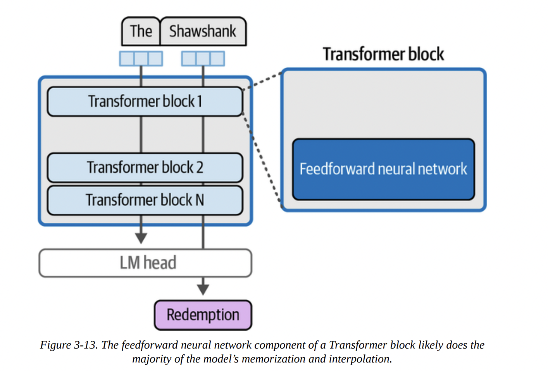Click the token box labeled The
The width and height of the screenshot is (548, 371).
tap(141, 31)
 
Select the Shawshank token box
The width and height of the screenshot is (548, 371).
tap(203, 31)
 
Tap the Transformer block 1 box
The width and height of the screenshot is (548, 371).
tap(145, 101)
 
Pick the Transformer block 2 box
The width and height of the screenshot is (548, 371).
tap(145, 168)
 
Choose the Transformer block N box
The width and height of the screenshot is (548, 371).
tap(145, 200)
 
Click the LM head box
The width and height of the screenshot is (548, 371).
tap(145, 263)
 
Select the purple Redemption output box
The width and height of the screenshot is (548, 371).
tap(203, 315)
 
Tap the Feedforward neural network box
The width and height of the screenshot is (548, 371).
tap(383, 169)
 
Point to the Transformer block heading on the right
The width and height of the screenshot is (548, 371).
tap(383, 54)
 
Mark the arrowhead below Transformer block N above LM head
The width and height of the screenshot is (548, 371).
tap(141, 238)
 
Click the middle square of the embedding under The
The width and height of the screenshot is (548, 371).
tap(141, 59)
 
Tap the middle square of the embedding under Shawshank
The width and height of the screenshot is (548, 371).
tap(203, 59)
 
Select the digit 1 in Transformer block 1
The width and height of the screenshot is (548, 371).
tap(200, 101)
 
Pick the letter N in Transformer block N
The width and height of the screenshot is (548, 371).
tap(200, 200)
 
